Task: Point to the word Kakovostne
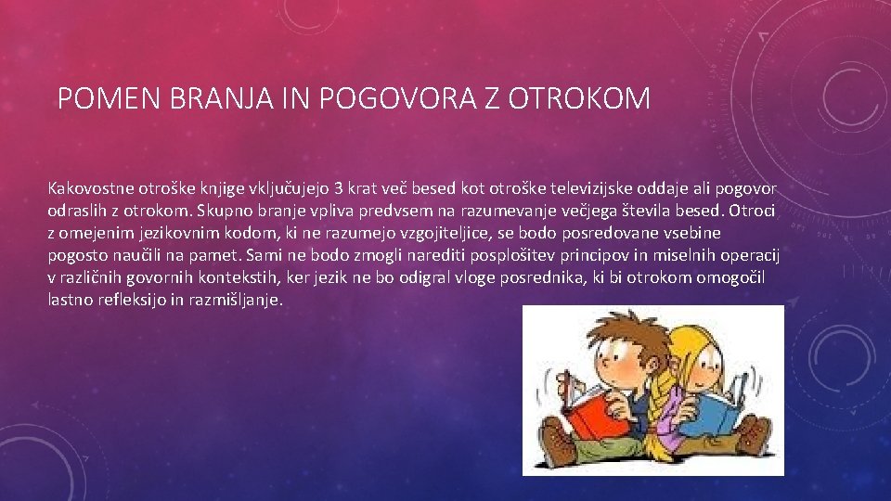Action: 92,188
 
